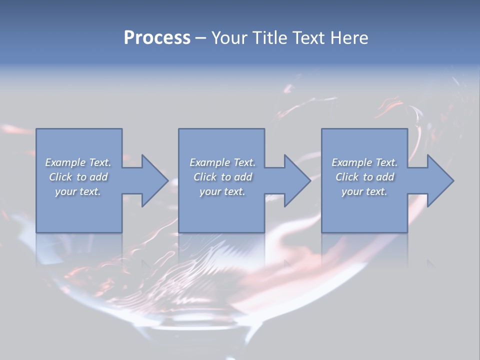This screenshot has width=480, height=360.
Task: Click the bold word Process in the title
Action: [157, 38]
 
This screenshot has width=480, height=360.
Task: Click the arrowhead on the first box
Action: [154, 180]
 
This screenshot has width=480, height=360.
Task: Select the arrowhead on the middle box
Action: [297, 180]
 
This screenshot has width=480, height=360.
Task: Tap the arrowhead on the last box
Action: [440, 180]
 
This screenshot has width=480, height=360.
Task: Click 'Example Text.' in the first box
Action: [78, 162]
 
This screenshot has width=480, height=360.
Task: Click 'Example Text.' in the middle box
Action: [222, 162]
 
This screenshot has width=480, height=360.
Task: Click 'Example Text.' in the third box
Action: [364, 162]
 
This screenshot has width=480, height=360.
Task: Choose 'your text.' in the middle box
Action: [222, 191]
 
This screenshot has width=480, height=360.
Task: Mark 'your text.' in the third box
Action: [364, 191]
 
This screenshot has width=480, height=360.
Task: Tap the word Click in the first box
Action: [60, 177]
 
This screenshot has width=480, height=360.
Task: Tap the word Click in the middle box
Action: [205, 177]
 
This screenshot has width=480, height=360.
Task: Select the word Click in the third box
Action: [347, 177]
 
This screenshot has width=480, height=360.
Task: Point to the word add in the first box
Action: [99, 177]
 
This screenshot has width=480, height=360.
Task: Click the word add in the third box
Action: [385, 177]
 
